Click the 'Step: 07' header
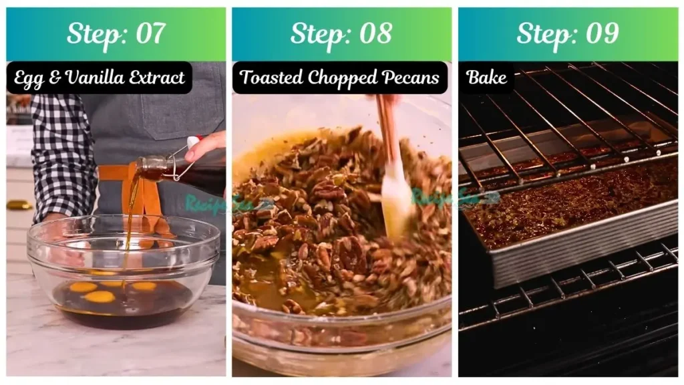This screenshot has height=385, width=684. (116, 33)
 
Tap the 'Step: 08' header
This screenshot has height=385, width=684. (341, 33)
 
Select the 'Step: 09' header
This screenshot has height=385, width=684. (567, 33)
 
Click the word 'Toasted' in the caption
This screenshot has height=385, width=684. (269, 78)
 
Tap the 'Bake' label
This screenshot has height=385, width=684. (486, 78)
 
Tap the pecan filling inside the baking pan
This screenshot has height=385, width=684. (568, 207)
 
